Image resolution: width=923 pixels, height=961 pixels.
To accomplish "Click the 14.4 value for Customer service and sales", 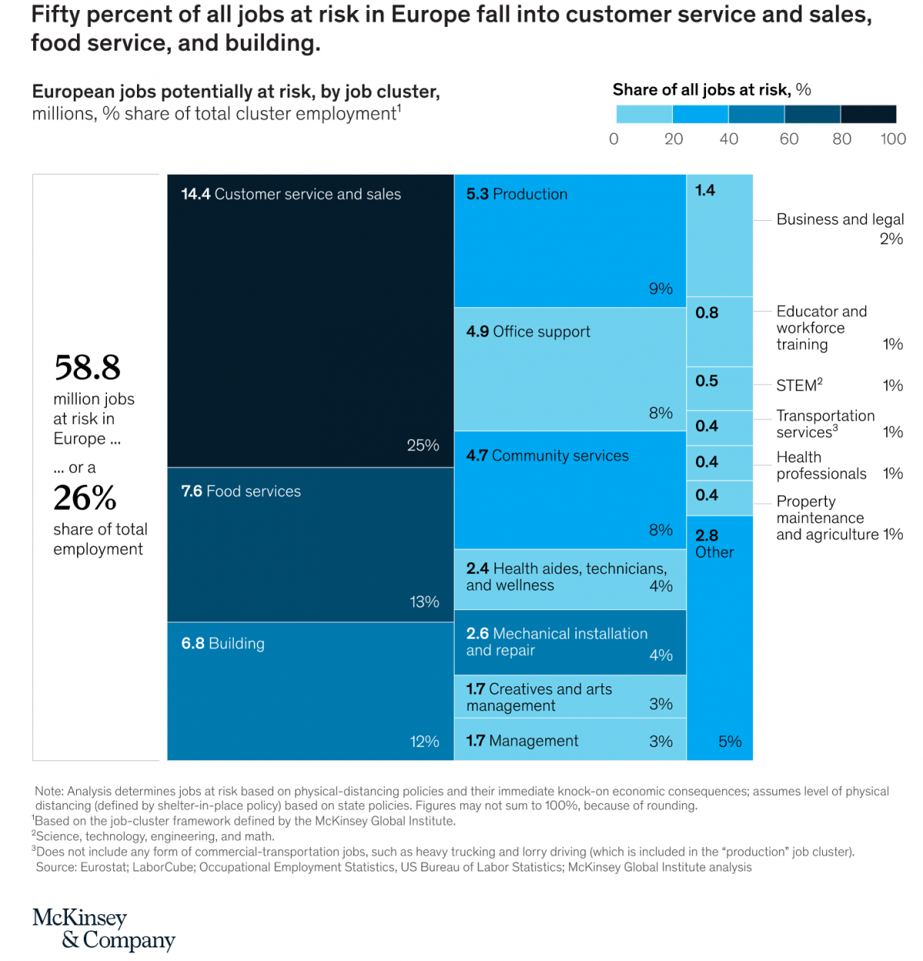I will pos(195,194).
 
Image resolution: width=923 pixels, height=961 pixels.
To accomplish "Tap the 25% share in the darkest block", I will pos(423,445).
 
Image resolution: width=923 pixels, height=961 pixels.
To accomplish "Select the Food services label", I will pos(253,491).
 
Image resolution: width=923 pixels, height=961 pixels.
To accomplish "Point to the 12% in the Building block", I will pos(425,742).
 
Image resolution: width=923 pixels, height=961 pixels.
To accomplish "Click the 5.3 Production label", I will pos(517,194).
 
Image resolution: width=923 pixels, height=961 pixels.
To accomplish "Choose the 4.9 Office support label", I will pos(528,332).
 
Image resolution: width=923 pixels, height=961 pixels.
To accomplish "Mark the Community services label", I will pos(560,455).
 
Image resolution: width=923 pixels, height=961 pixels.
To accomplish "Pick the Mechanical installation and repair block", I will pos(569,642).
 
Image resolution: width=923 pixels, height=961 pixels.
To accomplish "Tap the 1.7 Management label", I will pos(522,741).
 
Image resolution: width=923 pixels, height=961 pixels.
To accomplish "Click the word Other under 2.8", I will pos(715,552).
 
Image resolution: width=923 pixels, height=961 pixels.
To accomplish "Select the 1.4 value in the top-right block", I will pos(705,190).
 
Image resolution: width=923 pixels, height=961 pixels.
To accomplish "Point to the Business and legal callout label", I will pos(840,219).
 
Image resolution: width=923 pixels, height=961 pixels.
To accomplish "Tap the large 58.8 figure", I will pos(88,368).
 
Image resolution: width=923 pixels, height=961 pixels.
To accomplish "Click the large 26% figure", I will pos(85,498).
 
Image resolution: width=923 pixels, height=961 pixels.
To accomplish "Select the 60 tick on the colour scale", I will pos(789,139).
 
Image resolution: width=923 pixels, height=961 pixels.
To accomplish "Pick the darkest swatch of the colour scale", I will pos(868,114).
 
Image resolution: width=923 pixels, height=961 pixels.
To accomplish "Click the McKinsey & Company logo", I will pos(104,929).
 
